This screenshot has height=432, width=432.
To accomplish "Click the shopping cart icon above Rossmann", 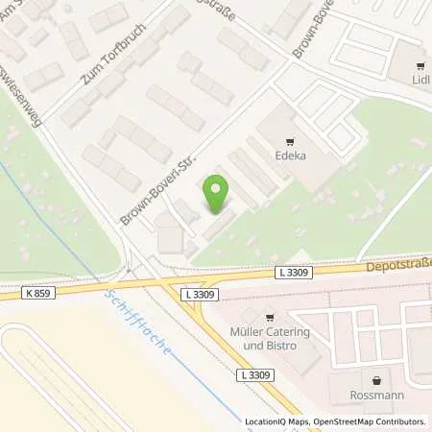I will [373, 378].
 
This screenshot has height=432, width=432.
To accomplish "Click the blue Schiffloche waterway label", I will [139, 322].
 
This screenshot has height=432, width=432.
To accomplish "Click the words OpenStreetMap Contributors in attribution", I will [374, 421].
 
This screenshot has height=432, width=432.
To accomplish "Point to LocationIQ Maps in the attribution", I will [278, 421].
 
